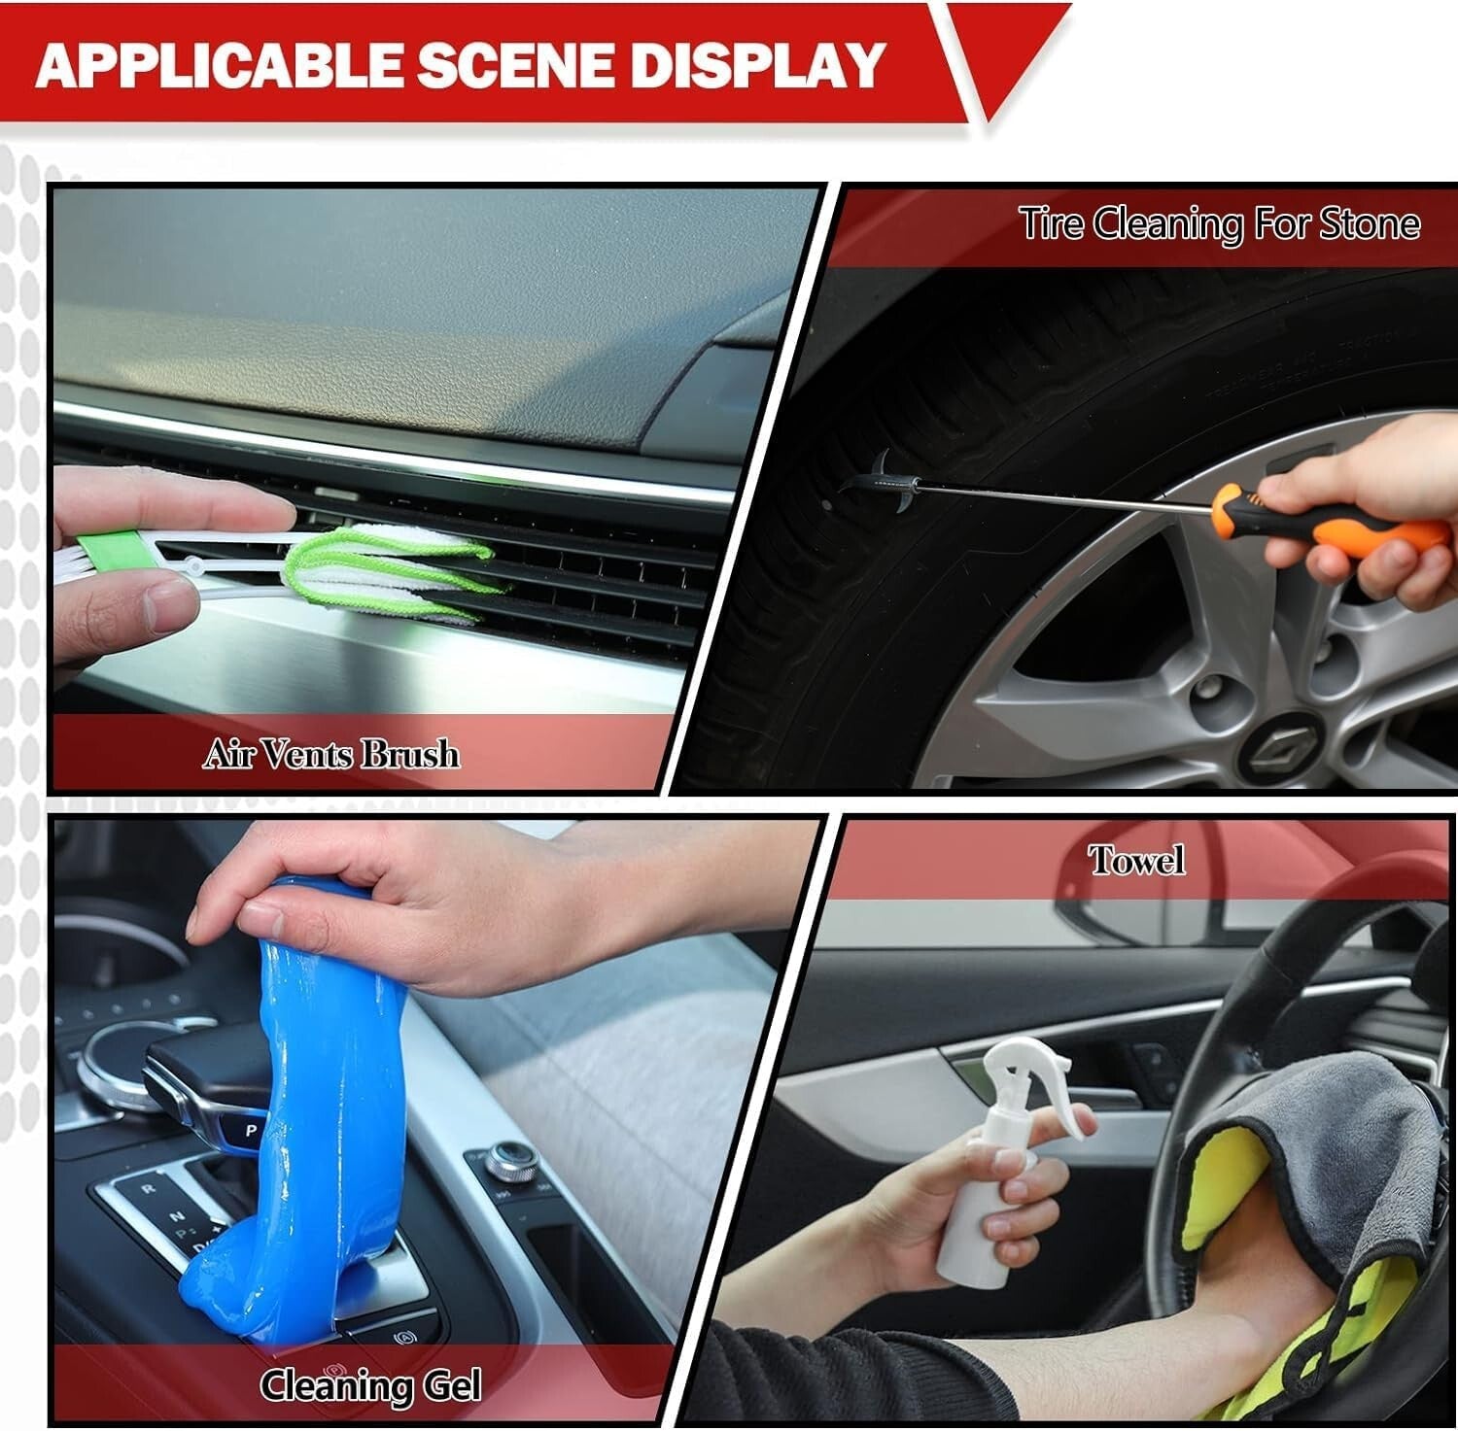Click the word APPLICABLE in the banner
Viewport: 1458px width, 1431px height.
pyautogui.click(x=219, y=64)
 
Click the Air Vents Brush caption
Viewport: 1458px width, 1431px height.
pyautogui.click(x=330, y=754)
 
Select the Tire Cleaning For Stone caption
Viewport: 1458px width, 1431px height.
pyautogui.click(x=1220, y=224)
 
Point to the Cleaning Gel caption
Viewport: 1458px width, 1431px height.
pyautogui.click(x=370, y=1384)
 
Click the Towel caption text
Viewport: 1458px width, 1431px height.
pyautogui.click(x=1136, y=861)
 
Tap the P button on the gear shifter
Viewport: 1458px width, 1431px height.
pyautogui.click(x=250, y=1131)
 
